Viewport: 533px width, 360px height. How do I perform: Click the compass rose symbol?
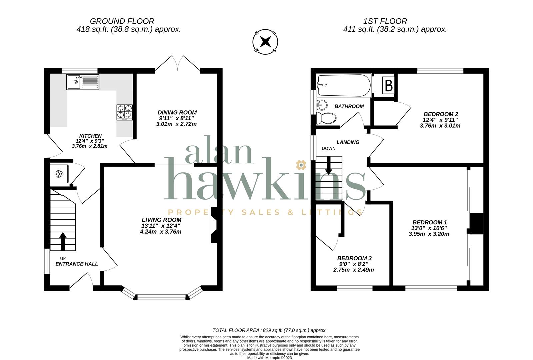click(x=265, y=42)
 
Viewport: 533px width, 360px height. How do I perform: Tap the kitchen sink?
click(x=83, y=82)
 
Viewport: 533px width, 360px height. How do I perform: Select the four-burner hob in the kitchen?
click(x=124, y=112)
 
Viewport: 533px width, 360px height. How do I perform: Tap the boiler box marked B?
click(x=388, y=85)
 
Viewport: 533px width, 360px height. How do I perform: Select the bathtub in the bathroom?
click(x=344, y=85)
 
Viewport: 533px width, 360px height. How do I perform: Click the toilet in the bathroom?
click(x=326, y=118)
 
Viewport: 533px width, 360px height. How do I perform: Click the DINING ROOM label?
click(x=177, y=113)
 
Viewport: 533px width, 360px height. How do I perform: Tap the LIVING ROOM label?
click(x=161, y=220)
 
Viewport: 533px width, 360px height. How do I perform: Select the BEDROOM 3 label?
click(x=354, y=258)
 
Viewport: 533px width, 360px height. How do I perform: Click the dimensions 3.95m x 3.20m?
click(x=429, y=234)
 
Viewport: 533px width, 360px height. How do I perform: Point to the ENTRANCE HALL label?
click(x=77, y=264)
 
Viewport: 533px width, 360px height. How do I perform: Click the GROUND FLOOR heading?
click(x=122, y=21)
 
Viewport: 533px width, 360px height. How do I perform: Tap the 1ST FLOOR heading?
click(x=385, y=21)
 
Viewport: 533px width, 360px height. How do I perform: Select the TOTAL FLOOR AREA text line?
click(x=269, y=331)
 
